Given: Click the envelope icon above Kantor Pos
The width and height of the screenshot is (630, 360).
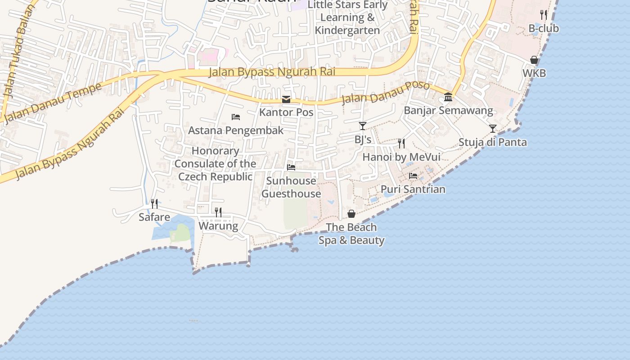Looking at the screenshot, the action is coord(286,99).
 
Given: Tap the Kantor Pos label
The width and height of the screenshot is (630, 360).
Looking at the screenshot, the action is coord(286,112).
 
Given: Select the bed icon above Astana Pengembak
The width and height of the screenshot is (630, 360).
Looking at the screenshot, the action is coord(236,117).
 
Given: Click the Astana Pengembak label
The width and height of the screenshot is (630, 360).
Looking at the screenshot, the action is coord(236,130).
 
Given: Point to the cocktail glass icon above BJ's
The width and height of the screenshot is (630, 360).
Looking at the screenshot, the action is coord(363,126).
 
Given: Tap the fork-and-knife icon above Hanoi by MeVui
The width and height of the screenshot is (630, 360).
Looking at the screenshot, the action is coord(401,144).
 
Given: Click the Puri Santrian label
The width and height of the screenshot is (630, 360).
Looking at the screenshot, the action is coord(413,189).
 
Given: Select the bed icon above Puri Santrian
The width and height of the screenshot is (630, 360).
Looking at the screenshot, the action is coord(413,176).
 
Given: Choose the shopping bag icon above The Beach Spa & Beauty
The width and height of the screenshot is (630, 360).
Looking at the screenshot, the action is coord(351,214).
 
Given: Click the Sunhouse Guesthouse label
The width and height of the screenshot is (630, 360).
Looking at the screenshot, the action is coord(291,187).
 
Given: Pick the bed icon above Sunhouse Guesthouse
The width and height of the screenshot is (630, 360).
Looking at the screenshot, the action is coord(291,167).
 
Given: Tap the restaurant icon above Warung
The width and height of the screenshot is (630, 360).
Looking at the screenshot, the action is coord(218,212).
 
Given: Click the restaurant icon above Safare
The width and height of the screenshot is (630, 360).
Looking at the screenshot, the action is coord(154,204).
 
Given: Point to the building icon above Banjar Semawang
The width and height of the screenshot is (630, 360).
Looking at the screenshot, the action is coord(448,97).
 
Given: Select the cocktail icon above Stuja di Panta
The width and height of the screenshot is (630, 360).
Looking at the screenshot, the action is coord(493,129).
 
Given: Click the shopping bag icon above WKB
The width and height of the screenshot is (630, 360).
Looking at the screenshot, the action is coord(534,60).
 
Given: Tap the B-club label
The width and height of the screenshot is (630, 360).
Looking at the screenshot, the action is coord(544,28).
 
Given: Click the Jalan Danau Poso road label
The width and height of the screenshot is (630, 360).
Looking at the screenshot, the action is coord(379,93).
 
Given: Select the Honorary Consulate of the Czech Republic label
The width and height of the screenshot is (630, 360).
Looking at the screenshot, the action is coord(215,164).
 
